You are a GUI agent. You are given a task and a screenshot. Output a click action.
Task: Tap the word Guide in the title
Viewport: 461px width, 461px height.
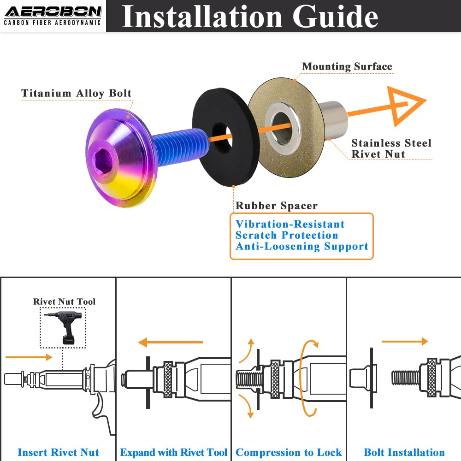point(336,17)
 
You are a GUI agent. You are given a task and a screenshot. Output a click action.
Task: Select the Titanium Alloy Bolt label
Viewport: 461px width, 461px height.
point(77,93)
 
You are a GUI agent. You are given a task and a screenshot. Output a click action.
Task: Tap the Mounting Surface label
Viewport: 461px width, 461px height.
point(347,66)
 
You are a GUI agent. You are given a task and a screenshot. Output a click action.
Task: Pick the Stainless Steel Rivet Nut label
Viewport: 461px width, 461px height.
point(391,148)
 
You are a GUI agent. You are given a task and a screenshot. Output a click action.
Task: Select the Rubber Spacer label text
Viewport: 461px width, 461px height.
point(277,206)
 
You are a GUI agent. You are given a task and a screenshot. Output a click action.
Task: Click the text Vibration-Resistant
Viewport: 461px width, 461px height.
point(290,225)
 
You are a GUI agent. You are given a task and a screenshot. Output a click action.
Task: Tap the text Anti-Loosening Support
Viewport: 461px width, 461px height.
point(302,247)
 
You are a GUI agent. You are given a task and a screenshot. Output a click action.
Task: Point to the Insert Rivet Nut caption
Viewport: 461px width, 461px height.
point(58,452)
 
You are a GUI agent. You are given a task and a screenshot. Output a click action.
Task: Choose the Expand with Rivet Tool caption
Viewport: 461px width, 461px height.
point(174,452)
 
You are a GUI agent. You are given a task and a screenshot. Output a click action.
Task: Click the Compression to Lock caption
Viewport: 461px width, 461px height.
point(289,452)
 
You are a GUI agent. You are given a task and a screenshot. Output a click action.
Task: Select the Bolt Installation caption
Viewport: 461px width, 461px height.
point(404,452)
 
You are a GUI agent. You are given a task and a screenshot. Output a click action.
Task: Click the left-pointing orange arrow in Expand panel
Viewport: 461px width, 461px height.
point(170,342)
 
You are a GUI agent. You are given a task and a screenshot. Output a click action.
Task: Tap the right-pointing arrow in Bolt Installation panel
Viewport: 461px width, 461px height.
point(405,342)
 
